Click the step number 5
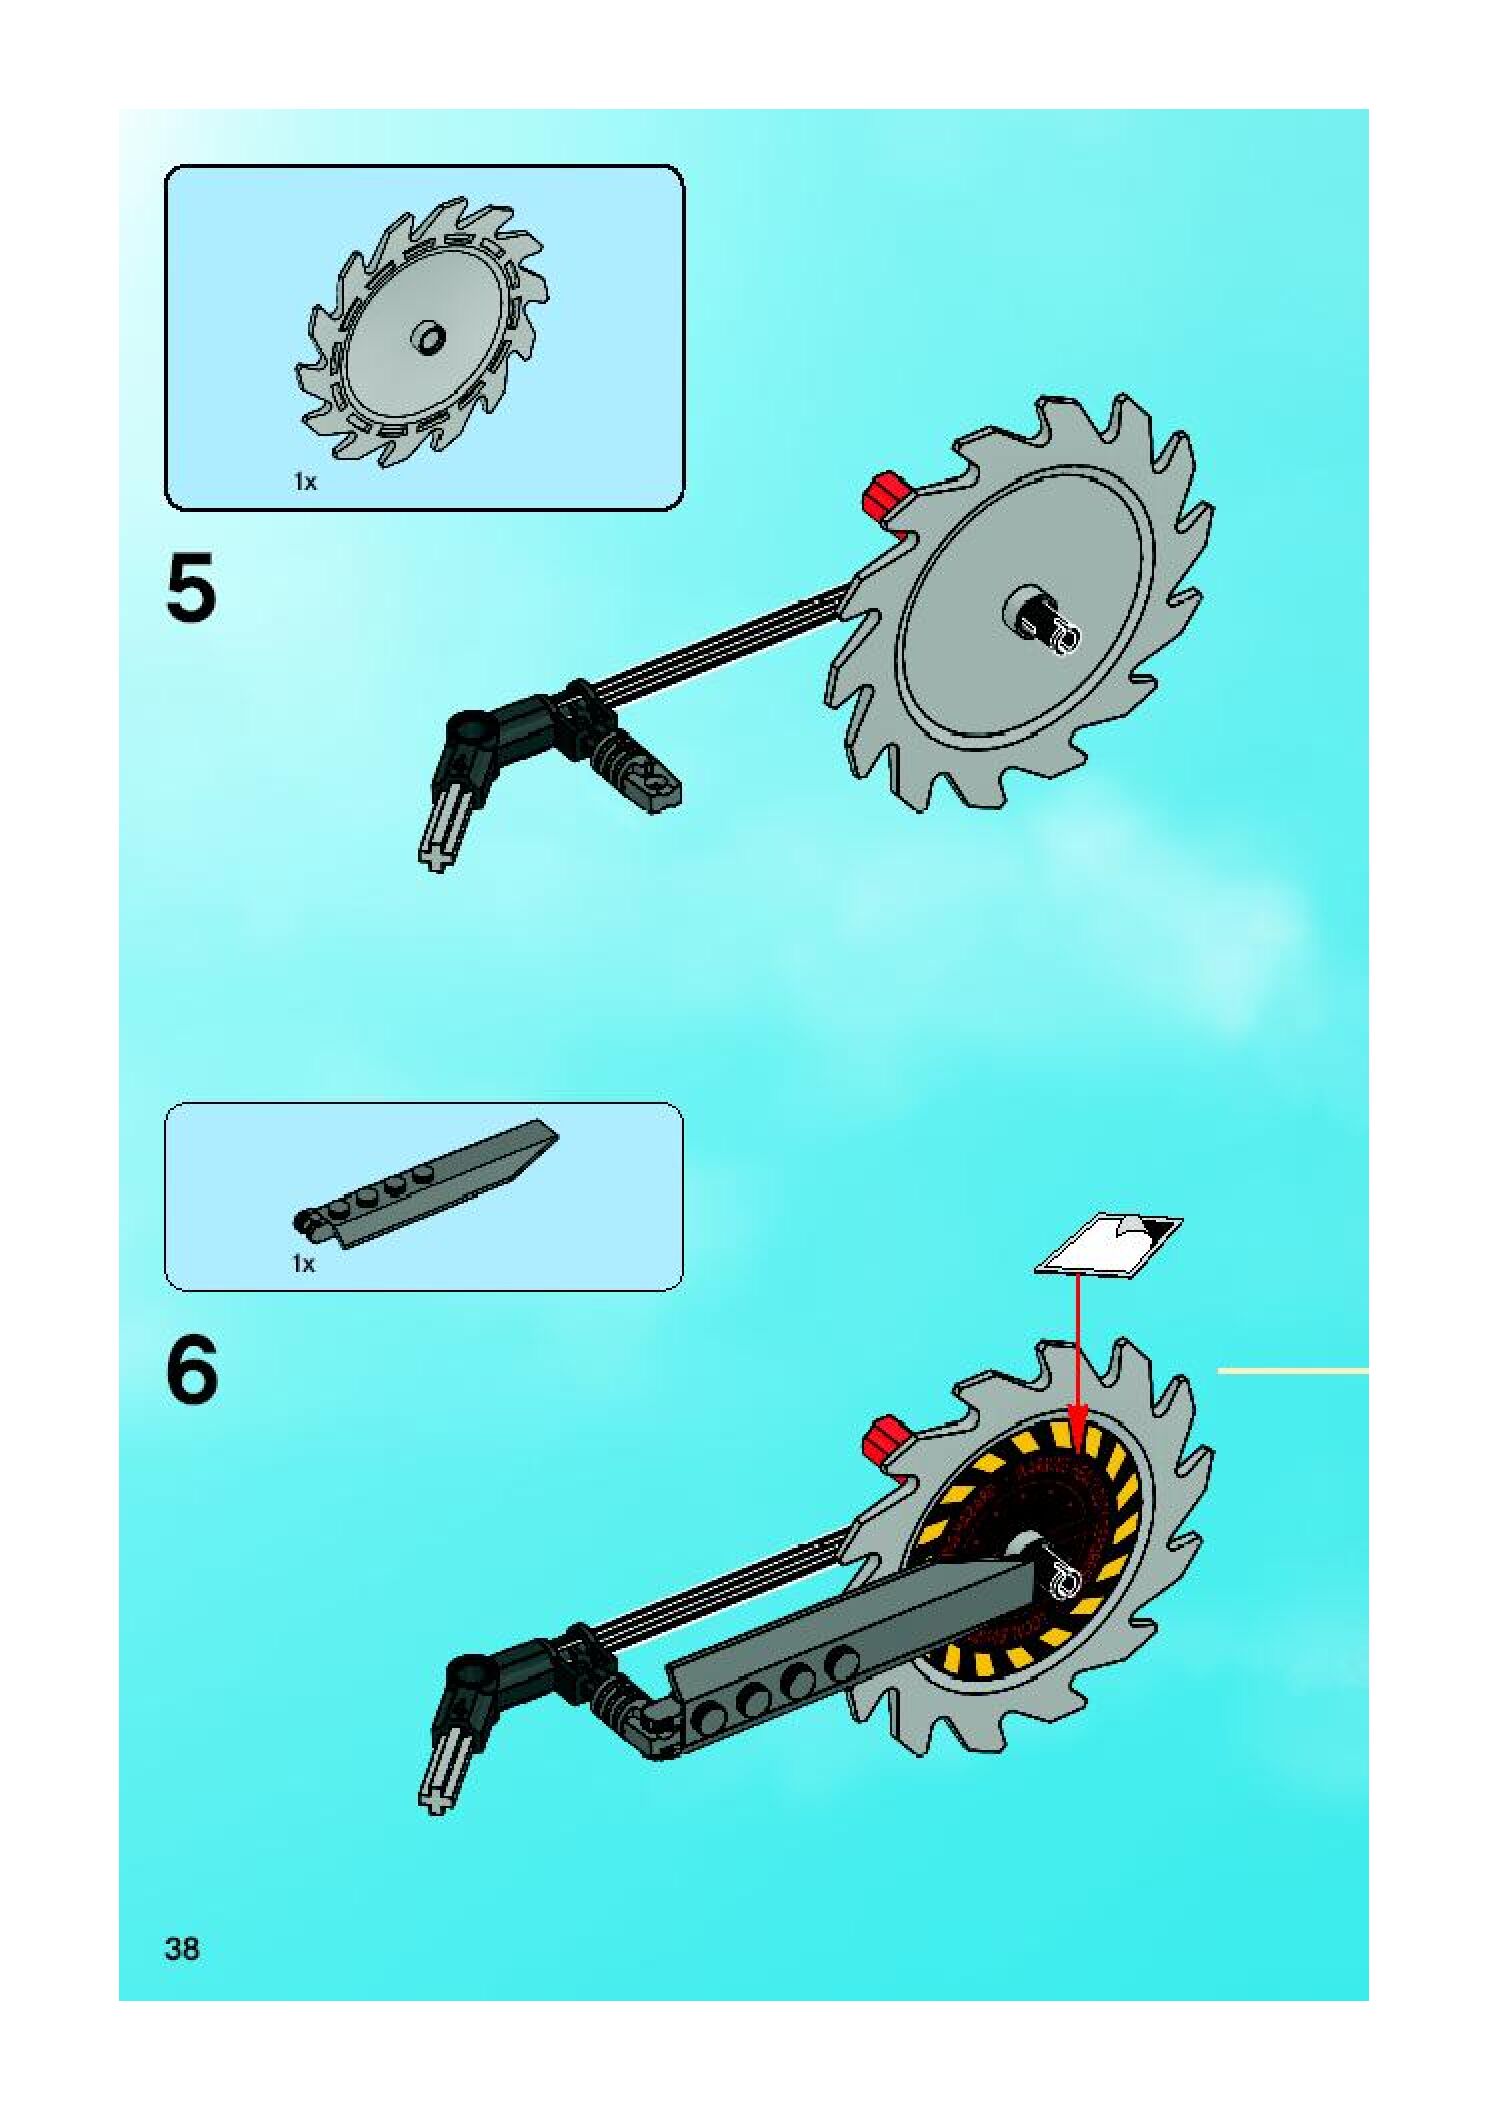[x=191, y=589]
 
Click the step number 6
[x=192, y=1371]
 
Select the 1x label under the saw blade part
[x=304, y=482]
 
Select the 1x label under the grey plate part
[x=303, y=1264]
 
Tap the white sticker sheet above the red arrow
[x=1108, y=1243]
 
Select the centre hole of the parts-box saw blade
[x=431, y=337]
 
